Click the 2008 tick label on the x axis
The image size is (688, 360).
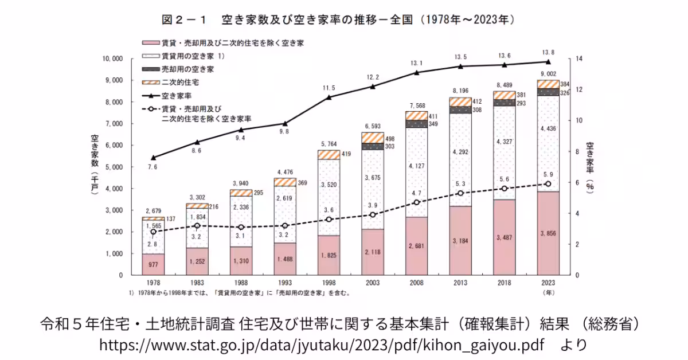point(416,283)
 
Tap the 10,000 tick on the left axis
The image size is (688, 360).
point(112,58)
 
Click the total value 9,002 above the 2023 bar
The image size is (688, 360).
point(548,74)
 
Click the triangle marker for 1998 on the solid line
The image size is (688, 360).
point(329,97)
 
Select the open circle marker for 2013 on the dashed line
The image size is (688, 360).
point(460,193)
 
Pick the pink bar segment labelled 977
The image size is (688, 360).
point(153,265)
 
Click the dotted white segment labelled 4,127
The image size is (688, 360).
point(416,166)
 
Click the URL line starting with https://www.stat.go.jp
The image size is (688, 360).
point(321,345)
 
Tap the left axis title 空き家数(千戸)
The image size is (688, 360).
point(95,166)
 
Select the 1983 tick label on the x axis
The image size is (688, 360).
point(197,283)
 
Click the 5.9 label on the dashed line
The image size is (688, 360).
point(548,174)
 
